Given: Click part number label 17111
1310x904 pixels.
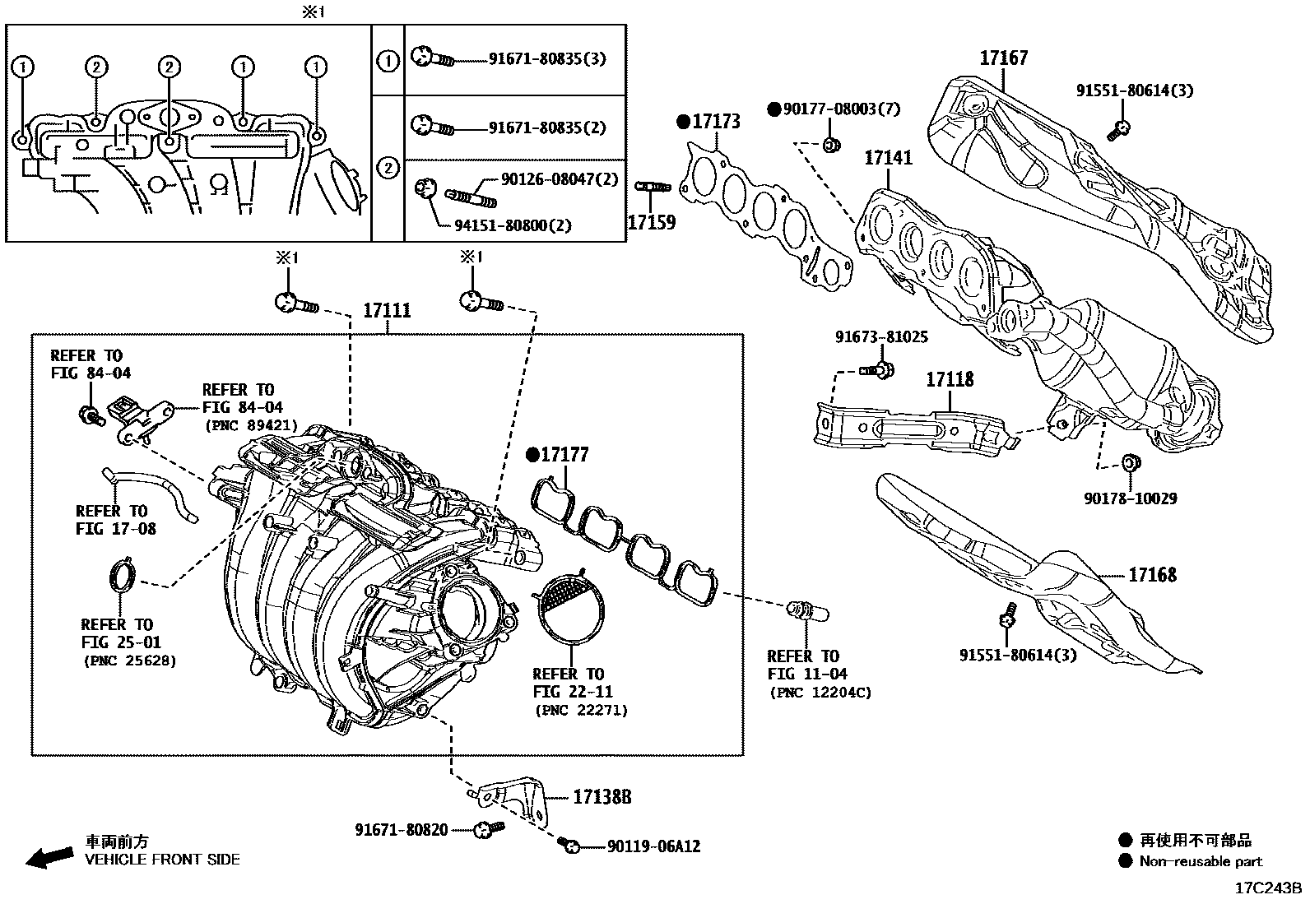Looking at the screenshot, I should point(387,311).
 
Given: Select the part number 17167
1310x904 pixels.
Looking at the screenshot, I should point(1003,58).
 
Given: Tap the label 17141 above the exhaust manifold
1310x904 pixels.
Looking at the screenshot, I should point(888,157).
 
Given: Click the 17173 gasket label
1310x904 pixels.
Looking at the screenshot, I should point(715,122).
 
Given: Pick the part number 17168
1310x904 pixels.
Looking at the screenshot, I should point(1152,575).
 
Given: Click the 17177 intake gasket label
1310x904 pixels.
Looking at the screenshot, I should point(564,454).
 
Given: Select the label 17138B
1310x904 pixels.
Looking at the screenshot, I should point(602,796).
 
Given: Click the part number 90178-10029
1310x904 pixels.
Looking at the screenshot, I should point(1130,498).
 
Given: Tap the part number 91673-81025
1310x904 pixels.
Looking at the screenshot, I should point(880,337).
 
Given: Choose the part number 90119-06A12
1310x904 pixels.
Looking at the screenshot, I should point(653,846).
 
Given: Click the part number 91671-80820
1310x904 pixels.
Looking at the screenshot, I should point(402,830).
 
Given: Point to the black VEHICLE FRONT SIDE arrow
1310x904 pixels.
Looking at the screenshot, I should point(48,856).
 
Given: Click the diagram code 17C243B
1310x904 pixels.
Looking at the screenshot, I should point(1267,888).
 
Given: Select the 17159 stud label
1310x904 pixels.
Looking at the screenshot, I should point(651,222).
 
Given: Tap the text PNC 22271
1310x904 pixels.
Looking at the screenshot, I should point(581,710).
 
